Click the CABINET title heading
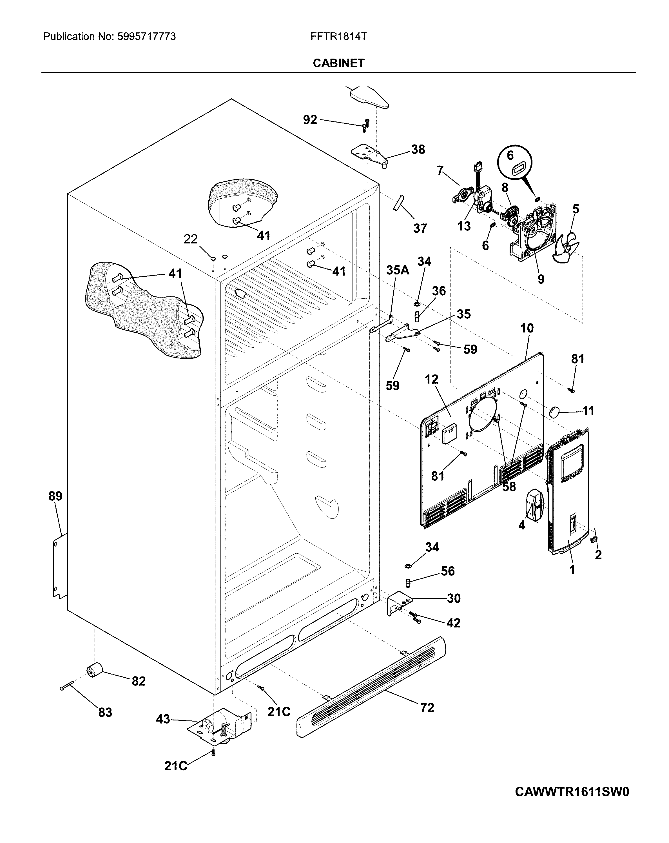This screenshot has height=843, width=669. coord(338,63)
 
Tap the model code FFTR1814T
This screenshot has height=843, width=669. coord(338,37)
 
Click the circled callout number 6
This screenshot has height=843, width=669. coord(510,156)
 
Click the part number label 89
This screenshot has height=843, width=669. coord(55,496)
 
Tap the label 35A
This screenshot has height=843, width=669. coord(397,270)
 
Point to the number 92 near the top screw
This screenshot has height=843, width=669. coord(310,120)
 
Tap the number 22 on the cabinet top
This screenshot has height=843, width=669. coord(190,239)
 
